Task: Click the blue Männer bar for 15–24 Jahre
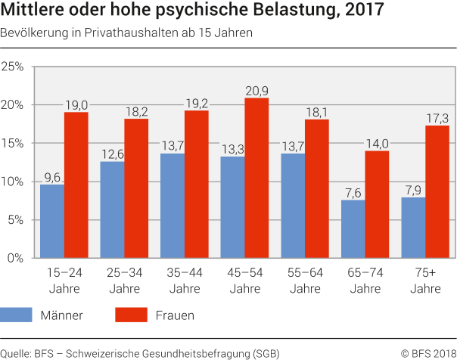coord(52,221)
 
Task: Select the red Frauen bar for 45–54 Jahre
coord(257,178)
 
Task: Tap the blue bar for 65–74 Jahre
coord(353,228)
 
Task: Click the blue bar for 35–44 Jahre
coord(173,206)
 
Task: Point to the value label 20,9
coord(257,91)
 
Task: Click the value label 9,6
coord(52,177)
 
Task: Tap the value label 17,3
coord(437,119)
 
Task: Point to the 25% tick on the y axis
coord(14,67)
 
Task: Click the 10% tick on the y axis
coord(14,182)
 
